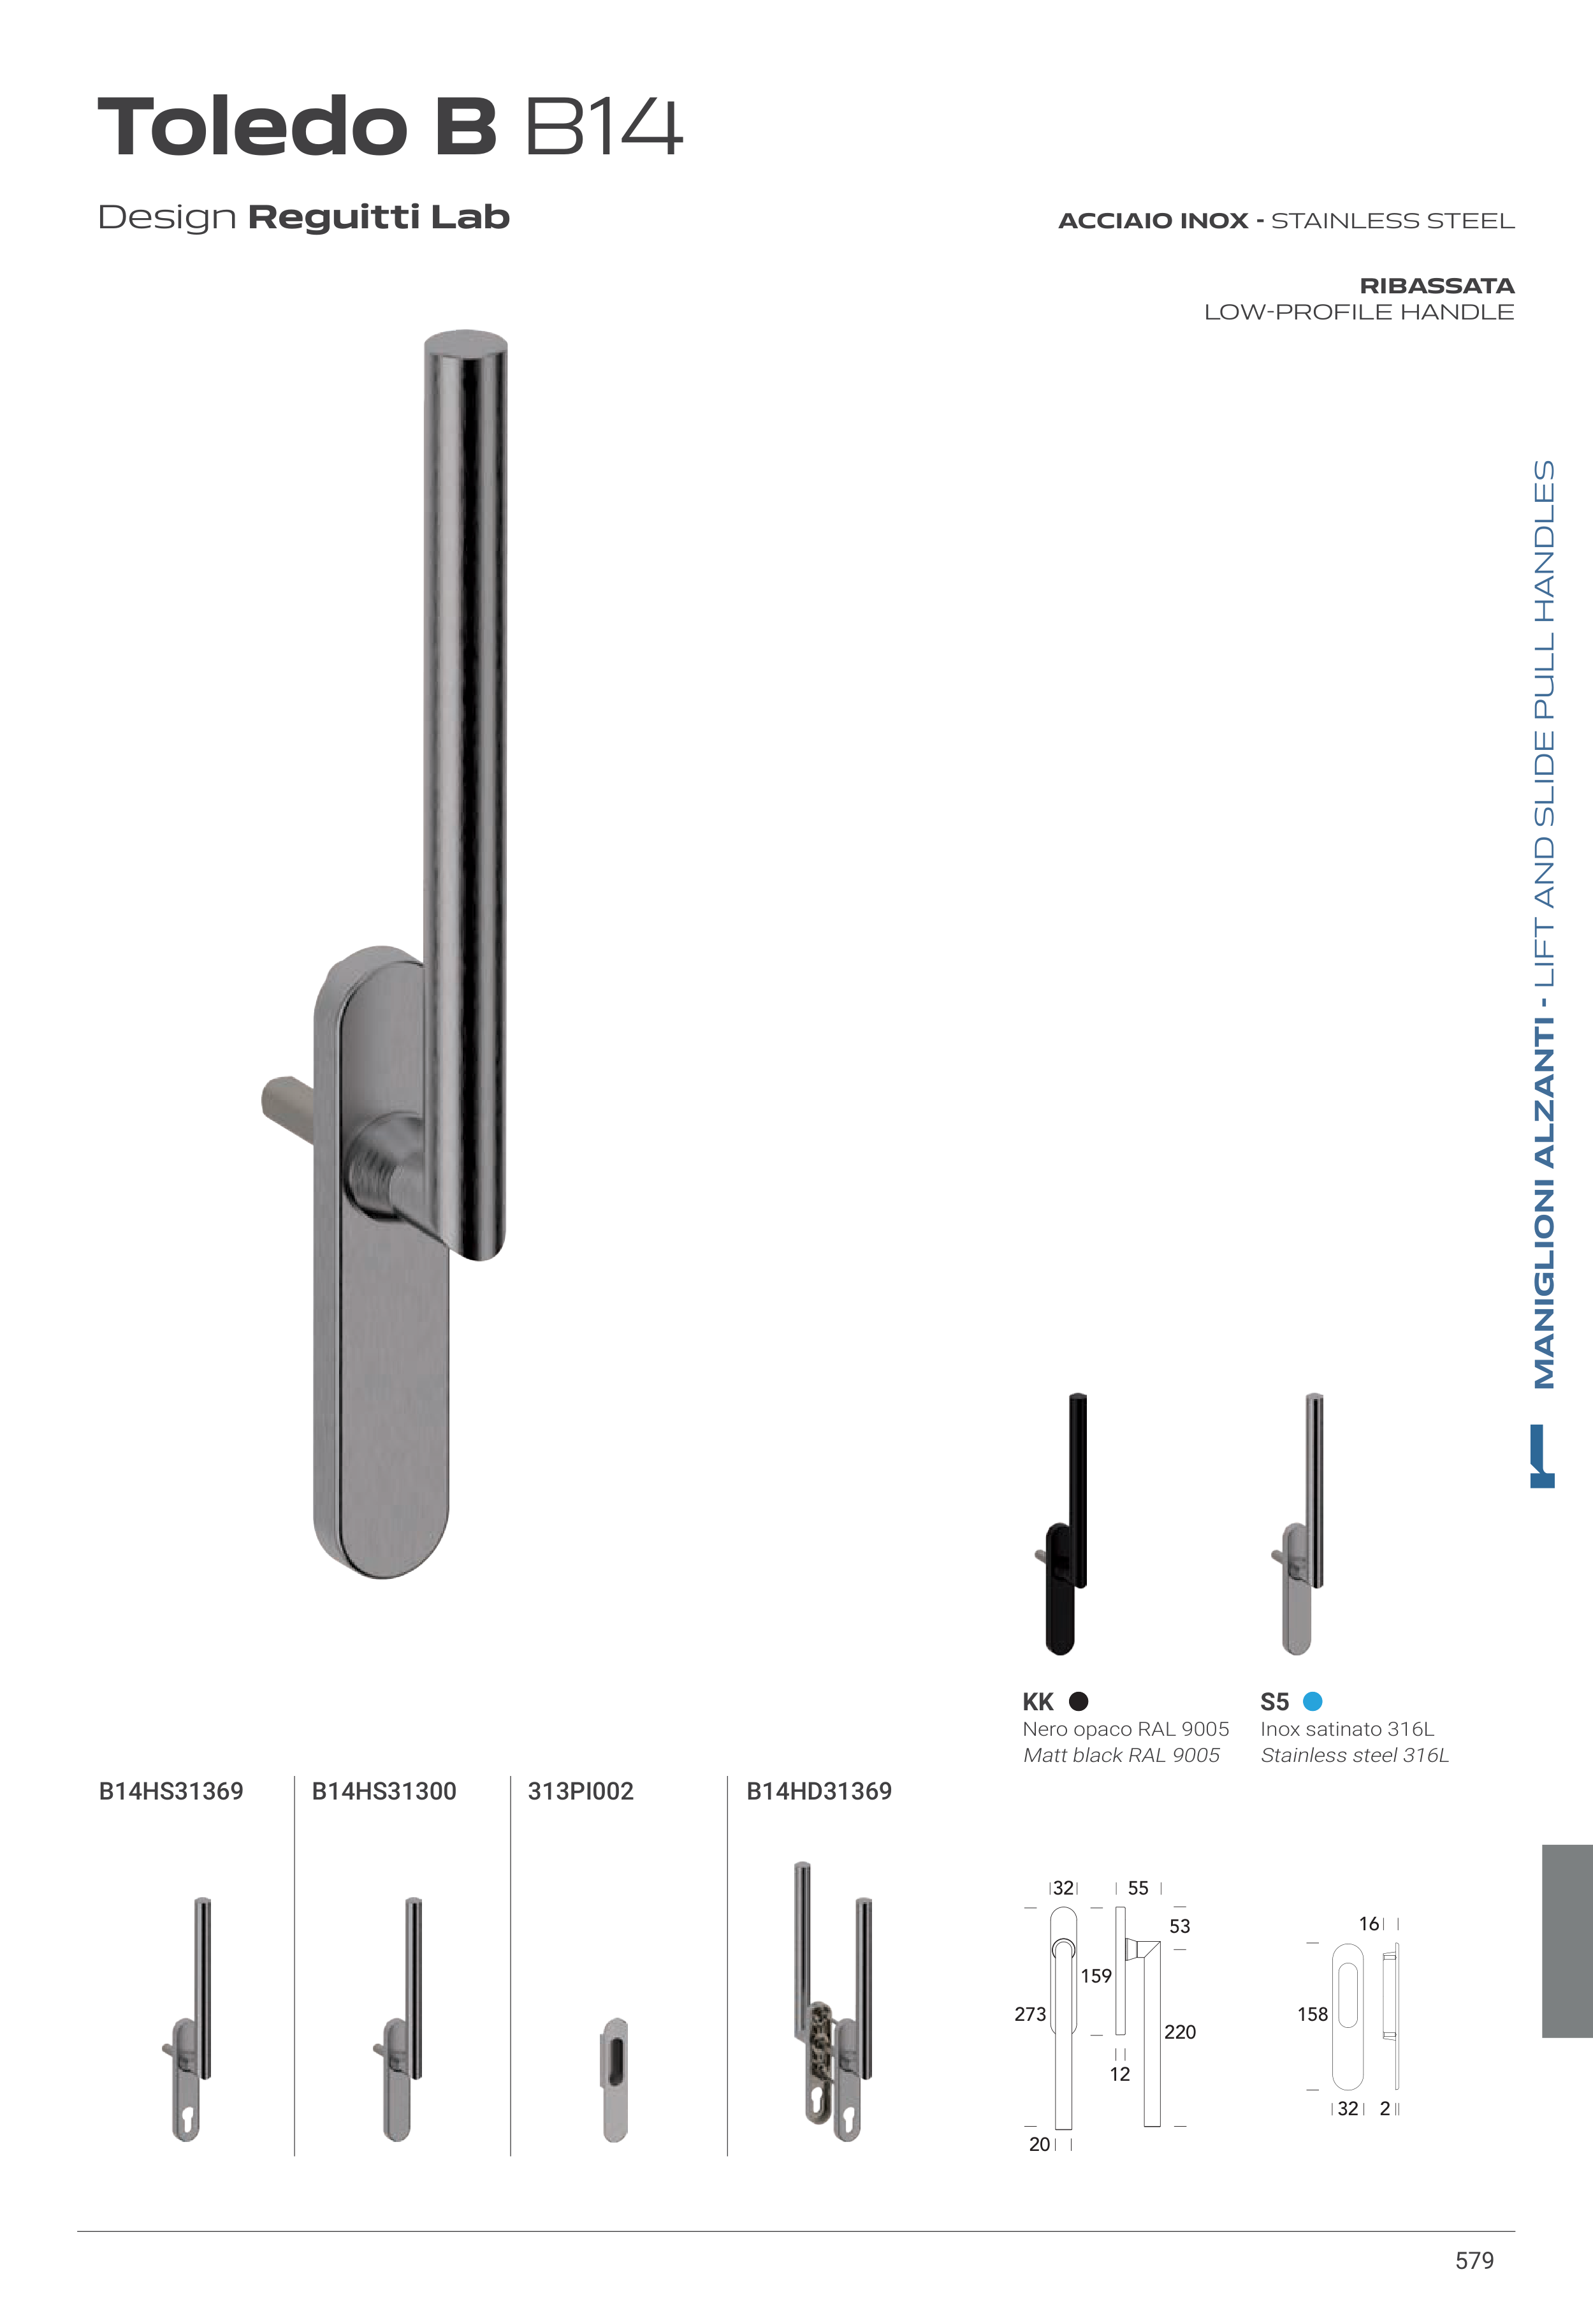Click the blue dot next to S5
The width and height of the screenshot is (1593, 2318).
click(x=1313, y=1701)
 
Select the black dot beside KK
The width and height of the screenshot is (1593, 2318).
click(x=1078, y=1701)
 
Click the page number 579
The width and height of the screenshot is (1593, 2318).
click(x=1474, y=2261)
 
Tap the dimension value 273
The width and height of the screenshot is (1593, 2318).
click(x=1030, y=2014)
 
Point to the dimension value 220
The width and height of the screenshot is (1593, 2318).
click(x=1180, y=2032)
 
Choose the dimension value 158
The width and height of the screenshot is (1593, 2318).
click(x=1313, y=2014)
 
